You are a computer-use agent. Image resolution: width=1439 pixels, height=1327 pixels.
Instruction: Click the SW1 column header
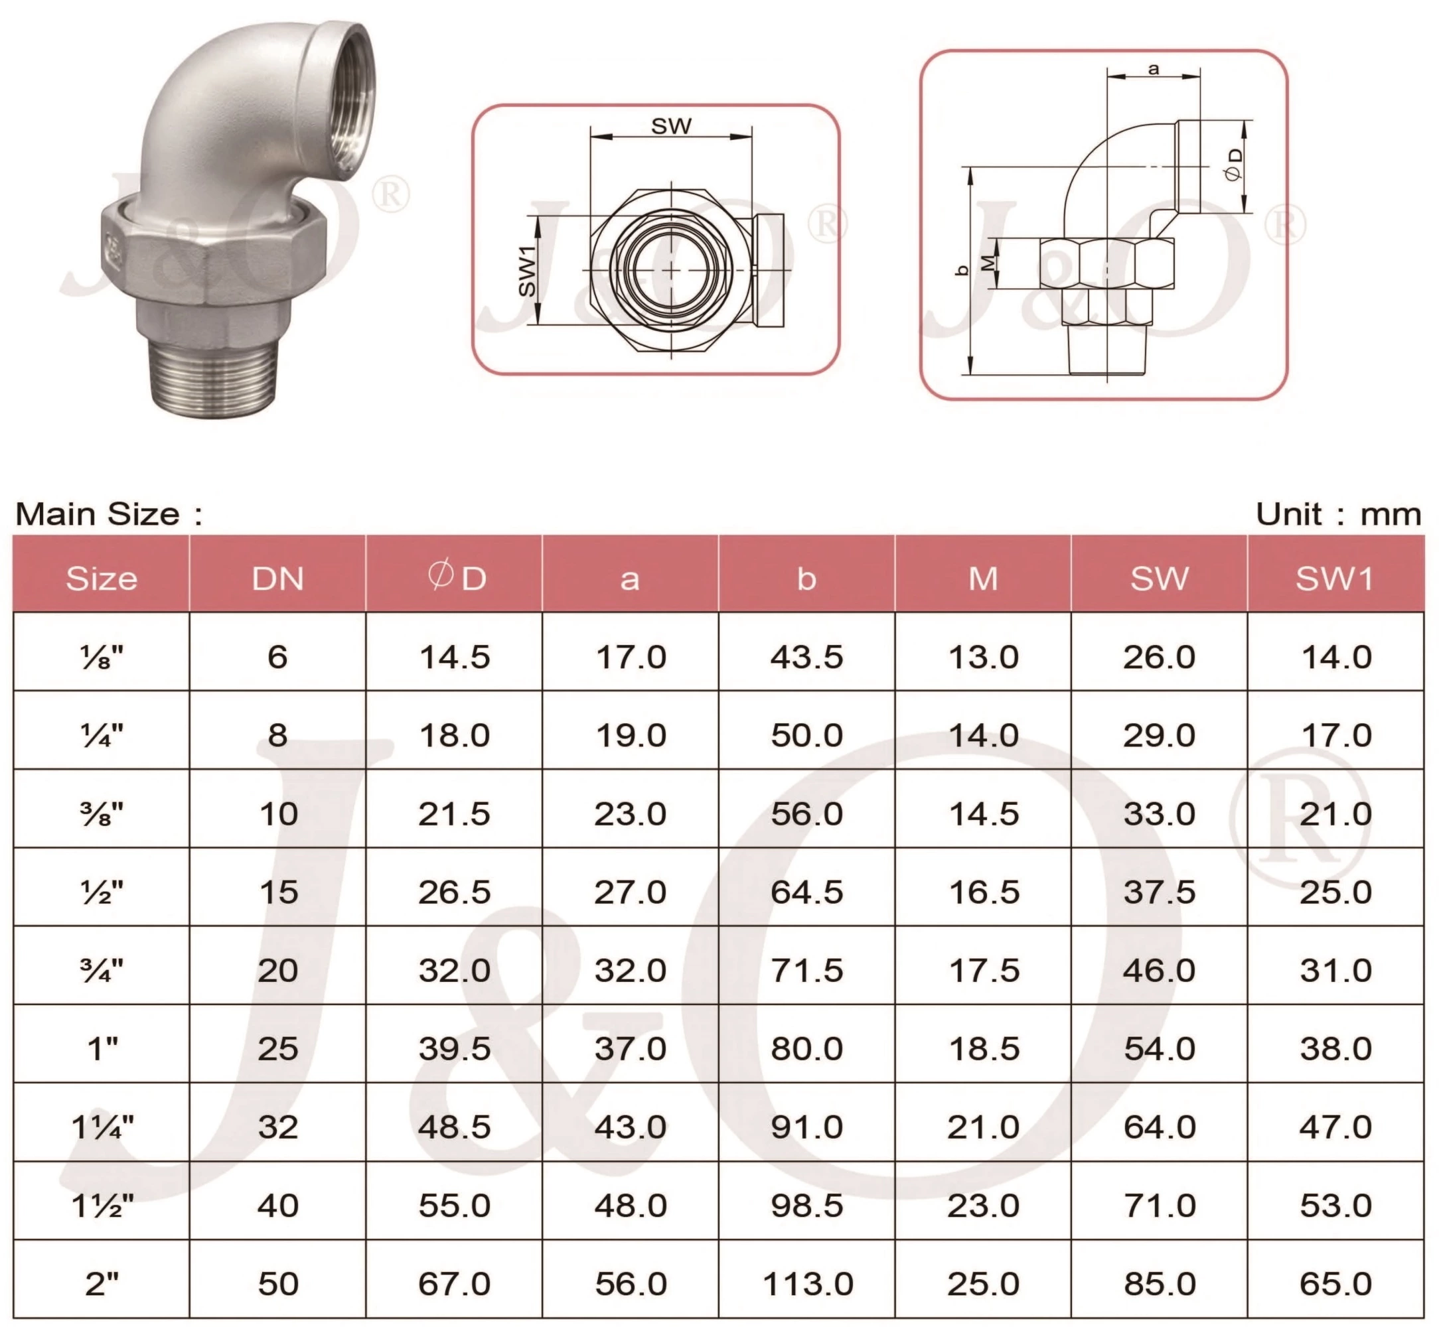(x=1335, y=579)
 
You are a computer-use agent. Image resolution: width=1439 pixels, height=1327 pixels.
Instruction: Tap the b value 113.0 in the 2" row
(x=807, y=1284)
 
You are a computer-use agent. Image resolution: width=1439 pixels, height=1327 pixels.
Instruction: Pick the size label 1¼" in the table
(x=102, y=1127)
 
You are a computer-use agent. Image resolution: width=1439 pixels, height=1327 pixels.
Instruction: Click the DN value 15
(x=278, y=892)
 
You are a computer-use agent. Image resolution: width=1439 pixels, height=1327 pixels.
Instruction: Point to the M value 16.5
(x=984, y=892)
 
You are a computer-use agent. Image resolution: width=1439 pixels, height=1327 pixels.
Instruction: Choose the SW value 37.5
(x=1159, y=892)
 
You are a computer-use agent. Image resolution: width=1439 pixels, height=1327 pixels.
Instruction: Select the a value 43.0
(x=630, y=1127)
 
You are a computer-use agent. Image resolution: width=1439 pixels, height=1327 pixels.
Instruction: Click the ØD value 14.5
(x=454, y=657)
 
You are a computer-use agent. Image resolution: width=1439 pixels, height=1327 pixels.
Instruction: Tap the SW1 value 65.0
(x=1335, y=1284)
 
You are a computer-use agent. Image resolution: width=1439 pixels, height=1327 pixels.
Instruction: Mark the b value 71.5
(x=807, y=971)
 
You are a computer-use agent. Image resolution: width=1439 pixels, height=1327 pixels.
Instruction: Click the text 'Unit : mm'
(x=1337, y=514)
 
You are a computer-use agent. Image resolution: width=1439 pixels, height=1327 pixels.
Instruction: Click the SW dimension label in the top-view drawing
(x=671, y=126)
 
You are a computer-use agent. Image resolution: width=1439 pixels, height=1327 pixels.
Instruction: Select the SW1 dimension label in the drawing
(x=527, y=270)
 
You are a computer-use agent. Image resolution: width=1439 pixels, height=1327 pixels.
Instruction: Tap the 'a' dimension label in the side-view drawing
(x=1153, y=70)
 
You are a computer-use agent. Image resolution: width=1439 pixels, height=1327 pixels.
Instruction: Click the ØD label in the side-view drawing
(x=1233, y=165)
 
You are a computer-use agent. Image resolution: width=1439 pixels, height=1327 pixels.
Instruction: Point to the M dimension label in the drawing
(x=988, y=263)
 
